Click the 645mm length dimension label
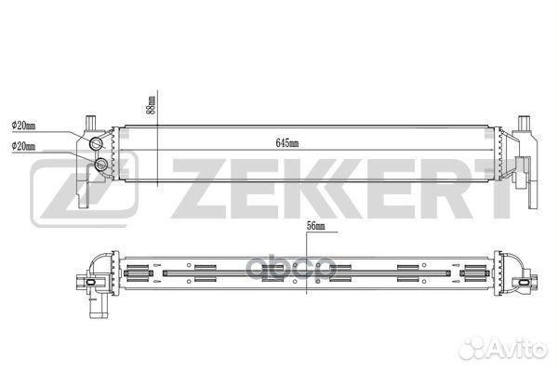287,143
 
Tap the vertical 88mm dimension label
152,105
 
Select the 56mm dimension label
315,226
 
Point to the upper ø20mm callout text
23,126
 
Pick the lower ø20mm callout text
23,146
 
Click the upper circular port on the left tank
96,143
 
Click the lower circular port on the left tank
101,164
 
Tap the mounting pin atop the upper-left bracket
91,123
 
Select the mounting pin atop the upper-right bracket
524,123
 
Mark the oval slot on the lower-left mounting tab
91,283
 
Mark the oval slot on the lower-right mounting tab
525,283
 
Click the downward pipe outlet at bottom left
97,307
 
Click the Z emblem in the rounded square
85,188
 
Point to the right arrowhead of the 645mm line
493,151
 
